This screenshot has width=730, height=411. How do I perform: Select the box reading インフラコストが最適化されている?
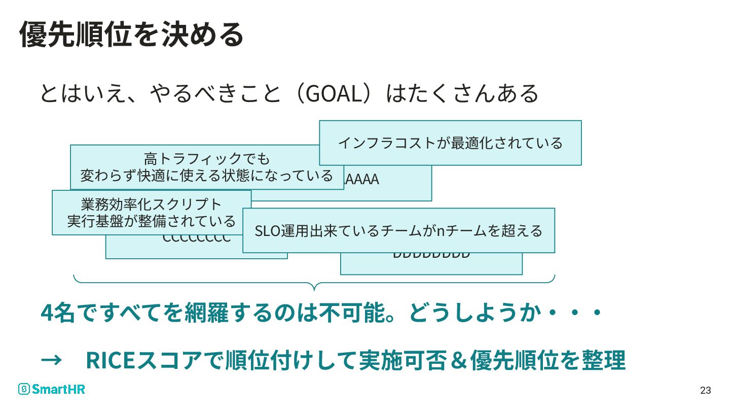click(450, 143)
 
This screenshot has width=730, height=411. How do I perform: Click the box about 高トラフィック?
click(207, 167)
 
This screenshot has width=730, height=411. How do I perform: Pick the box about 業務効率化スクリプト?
click(152, 212)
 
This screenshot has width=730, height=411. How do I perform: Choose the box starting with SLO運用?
click(398, 230)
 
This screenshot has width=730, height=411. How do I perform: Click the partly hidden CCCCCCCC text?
click(196, 239)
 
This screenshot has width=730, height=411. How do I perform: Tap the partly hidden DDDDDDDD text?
click(431, 255)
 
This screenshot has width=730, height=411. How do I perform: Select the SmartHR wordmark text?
click(59, 389)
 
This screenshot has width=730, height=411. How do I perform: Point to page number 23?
click(705, 390)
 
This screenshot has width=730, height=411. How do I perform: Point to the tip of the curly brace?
click(314, 290)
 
